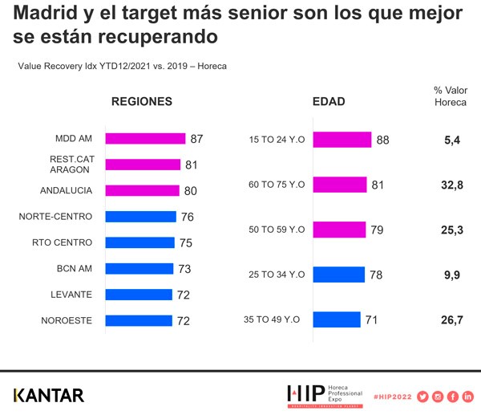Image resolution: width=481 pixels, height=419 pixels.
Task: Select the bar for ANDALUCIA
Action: [141, 190]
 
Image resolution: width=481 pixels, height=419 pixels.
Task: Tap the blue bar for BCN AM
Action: [138, 269]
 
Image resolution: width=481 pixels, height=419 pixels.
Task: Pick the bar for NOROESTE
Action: [138, 320]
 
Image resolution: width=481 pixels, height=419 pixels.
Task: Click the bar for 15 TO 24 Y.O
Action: [342, 140]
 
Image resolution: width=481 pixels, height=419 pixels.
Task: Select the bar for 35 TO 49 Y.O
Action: [337, 319]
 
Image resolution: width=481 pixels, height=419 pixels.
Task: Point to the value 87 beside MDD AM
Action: [196, 139]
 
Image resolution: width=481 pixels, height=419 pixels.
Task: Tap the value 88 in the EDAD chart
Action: [382, 140]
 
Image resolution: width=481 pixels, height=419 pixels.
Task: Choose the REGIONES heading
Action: [142, 102]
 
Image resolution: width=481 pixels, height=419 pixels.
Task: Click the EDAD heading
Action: [329, 102]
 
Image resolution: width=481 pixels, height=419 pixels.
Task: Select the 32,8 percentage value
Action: [449, 185]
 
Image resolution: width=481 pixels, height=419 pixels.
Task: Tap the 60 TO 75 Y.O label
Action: [278, 185]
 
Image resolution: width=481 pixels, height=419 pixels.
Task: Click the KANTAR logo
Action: [48, 395]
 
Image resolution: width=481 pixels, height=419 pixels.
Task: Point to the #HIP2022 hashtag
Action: [390, 396]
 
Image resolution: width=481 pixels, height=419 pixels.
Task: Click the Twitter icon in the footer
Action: [422, 396]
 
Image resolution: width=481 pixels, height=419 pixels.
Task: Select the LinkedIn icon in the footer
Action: [468, 396]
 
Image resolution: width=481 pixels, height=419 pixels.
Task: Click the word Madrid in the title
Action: [45, 14]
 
